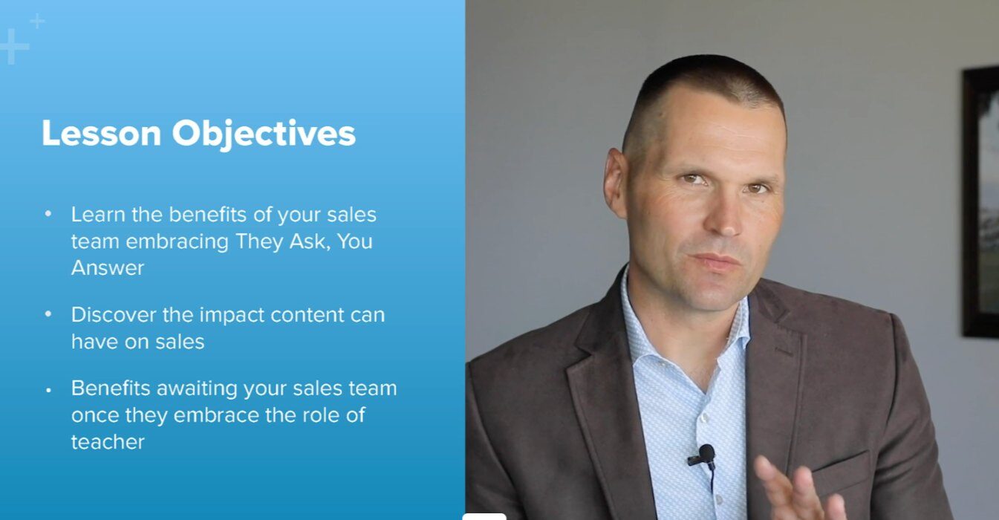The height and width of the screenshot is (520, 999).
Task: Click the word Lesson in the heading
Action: click(x=101, y=133)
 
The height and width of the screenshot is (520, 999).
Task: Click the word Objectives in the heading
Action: click(x=264, y=134)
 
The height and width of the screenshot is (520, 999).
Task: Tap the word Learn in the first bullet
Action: click(x=98, y=215)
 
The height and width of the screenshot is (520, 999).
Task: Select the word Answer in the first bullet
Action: click(x=108, y=268)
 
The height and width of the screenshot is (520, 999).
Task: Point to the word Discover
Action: click(x=114, y=315)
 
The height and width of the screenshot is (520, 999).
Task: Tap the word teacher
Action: click(x=108, y=443)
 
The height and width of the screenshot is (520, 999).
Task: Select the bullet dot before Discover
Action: click(x=48, y=314)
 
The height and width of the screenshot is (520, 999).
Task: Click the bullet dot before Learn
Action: click(x=48, y=214)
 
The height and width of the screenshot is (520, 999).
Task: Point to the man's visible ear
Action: click(x=616, y=183)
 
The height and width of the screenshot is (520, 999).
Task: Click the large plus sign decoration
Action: click(x=13, y=46)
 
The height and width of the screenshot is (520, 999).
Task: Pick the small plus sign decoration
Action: click(x=37, y=21)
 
